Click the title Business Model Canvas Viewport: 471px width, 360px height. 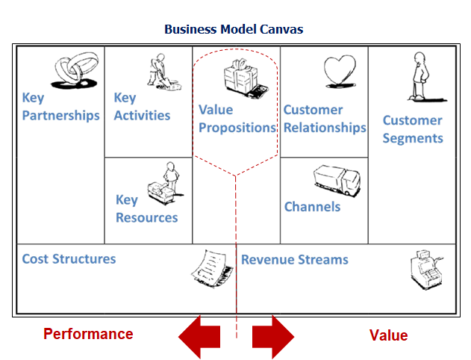pyautogui.click(x=234, y=30)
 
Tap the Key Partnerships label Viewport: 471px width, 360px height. pyautogui.click(x=60, y=106)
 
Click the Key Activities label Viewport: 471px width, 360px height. pyautogui.click(x=142, y=106)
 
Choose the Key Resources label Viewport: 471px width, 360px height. pyautogui.click(x=146, y=208)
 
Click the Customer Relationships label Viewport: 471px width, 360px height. pyautogui.click(x=325, y=119)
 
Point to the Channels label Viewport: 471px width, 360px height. pyautogui.click(x=312, y=207)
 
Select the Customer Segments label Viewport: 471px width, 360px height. pyautogui.click(x=413, y=129)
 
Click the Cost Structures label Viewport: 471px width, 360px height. pyautogui.click(x=69, y=259)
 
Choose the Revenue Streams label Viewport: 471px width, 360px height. pyautogui.click(x=294, y=260)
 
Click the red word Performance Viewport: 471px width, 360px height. pyautogui.click(x=88, y=334)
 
